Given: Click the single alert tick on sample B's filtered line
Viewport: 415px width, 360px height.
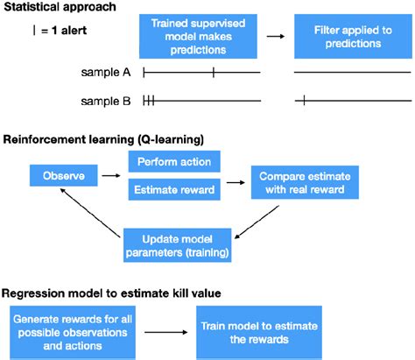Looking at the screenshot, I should point(304,102).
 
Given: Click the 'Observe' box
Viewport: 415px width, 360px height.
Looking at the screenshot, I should point(61,176).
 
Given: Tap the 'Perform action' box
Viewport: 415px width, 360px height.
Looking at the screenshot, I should point(174,162).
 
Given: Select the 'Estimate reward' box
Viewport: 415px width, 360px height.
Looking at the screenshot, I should point(174,188).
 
